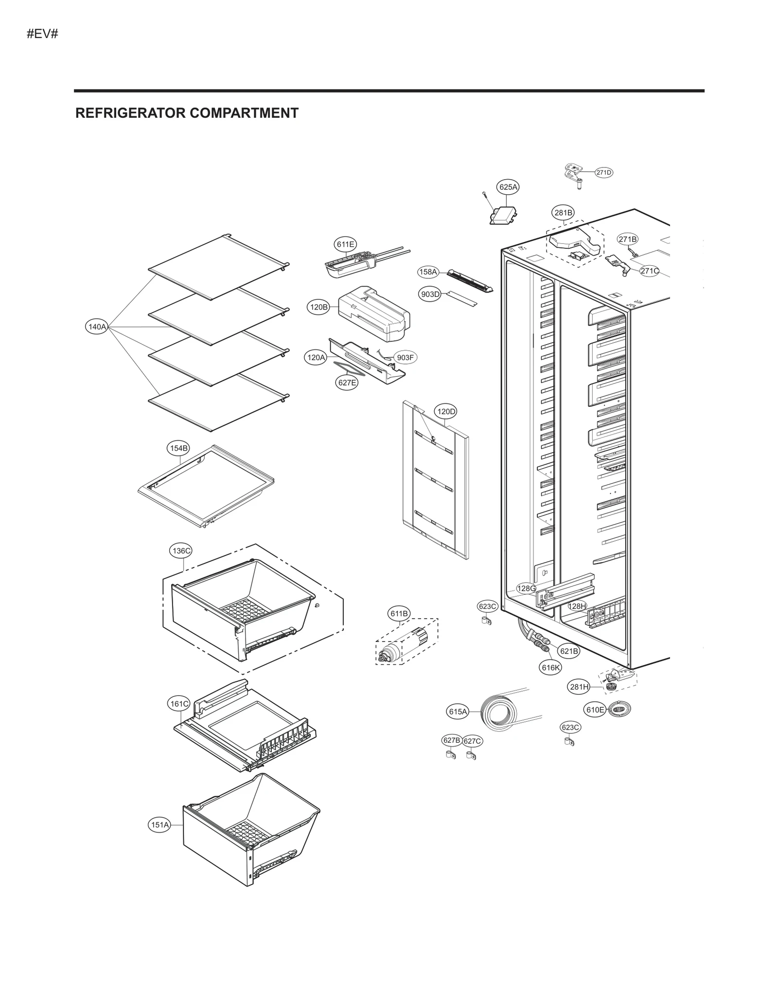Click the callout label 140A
point(97,327)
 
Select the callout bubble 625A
point(508,187)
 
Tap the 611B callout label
point(399,614)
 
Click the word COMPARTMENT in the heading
point(244,113)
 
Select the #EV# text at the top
point(43,34)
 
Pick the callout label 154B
point(178,448)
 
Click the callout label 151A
point(159,825)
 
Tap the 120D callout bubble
point(446,412)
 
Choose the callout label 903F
point(405,358)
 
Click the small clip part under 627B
point(451,755)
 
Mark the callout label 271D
point(603,172)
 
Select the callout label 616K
point(550,667)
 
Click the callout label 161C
point(179,704)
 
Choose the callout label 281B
point(564,213)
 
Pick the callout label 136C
point(181,551)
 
